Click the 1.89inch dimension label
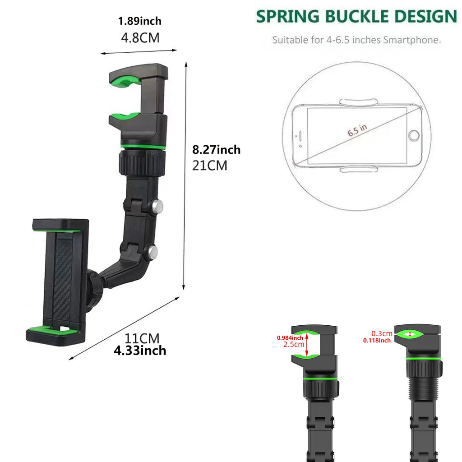click(x=140, y=21)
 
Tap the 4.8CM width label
click(x=140, y=38)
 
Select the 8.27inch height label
click(x=216, y=150)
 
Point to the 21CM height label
click(x=210, y=166)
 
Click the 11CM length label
click(x=142, y=338)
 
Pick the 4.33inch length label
click(x=140, y=351)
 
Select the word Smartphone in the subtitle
click(x=411, y=40)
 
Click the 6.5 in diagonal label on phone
click(x=357, y=130)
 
